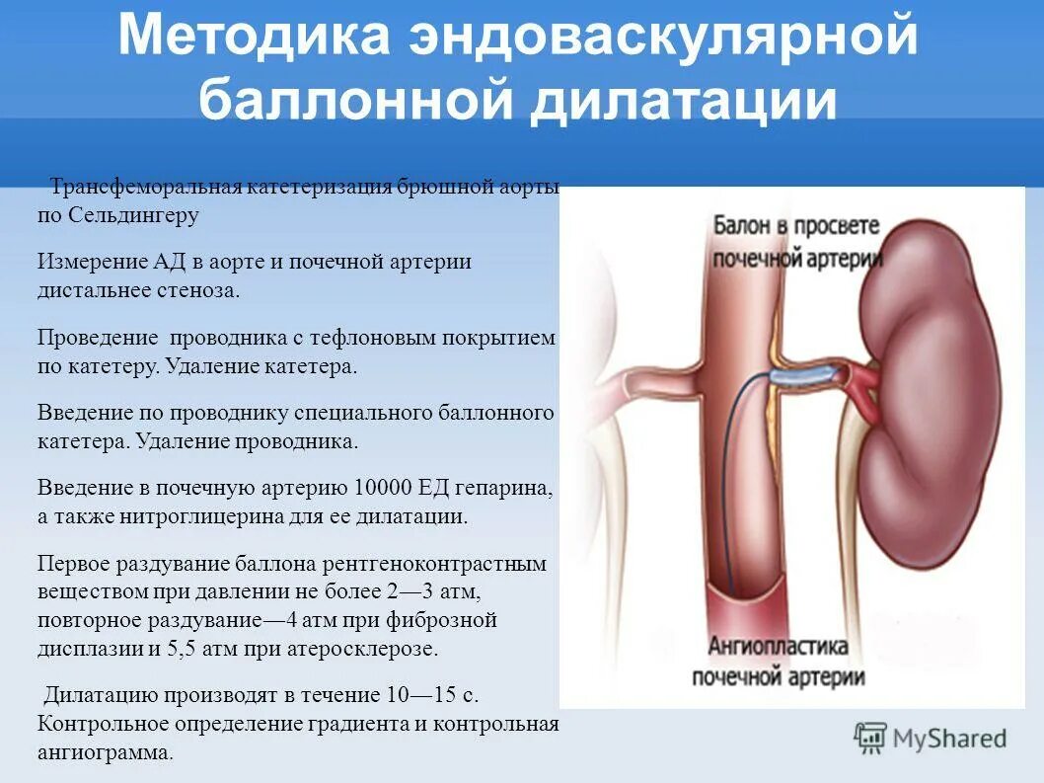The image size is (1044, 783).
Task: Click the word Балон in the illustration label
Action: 739,225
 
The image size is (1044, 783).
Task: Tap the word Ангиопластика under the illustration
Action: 779,648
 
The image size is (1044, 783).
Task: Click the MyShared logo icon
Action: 870,738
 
